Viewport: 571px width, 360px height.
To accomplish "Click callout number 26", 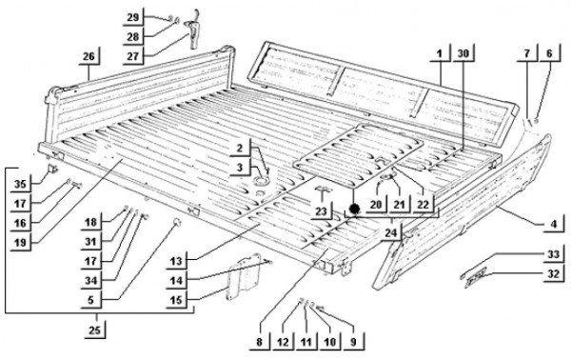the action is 89,56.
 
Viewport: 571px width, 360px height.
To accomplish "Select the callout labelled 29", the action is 133,17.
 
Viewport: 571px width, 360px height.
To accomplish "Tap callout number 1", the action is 440,53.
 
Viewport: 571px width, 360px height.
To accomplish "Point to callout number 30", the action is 463,53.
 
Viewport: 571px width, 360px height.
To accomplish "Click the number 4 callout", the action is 554,224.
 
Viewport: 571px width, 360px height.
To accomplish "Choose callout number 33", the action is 553,254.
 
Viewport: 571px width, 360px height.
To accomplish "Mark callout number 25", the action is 94,330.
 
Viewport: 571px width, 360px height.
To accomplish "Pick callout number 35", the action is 20,184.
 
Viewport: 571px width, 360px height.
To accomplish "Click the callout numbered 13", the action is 176,261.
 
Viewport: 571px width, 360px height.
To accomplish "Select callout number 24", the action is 390,232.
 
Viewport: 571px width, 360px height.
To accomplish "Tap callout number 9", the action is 353,342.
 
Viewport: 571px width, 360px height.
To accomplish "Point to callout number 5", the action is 90,299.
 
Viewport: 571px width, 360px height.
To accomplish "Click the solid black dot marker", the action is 354,209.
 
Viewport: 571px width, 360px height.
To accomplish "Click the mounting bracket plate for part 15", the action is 244,277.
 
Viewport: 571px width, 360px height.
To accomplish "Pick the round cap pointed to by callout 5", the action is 177,221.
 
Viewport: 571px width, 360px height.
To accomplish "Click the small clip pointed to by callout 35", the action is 52,170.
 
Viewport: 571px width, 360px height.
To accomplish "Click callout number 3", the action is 239,168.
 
